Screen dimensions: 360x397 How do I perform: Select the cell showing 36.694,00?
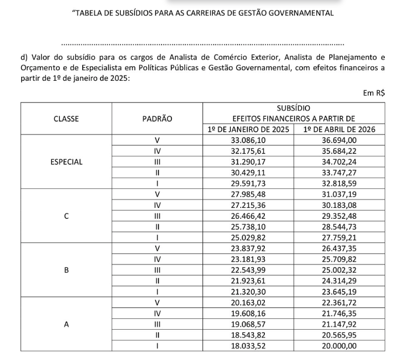pyautogui.click(x=339, y=140)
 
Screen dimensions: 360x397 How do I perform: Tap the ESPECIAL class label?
pyautogui.click(x=66, y=162)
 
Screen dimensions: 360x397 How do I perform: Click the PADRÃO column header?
pyautogui.click(x=157, y=119)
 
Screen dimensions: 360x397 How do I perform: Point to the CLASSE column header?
pyautogui.click(x=66, y=119)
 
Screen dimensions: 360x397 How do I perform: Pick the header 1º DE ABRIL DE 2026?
pyautogui.click(x=339, y=129)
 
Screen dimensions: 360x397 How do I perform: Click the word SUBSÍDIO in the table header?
pyautogui.click(x=293, y=108)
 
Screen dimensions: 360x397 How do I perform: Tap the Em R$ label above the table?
pyautogui.click(x=374, y=94)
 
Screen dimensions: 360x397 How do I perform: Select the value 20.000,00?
pyautogui.click(x=339, y=345)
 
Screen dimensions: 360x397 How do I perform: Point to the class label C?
pyautogui.click(x=66, y=216)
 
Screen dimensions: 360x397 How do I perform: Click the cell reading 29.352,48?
pyautogui.click(x=339, y=216)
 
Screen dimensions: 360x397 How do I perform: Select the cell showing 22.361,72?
pyautogui.click(x=339, y=302)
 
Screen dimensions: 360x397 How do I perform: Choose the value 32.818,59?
pyautogui.click(x=339, y=183)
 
